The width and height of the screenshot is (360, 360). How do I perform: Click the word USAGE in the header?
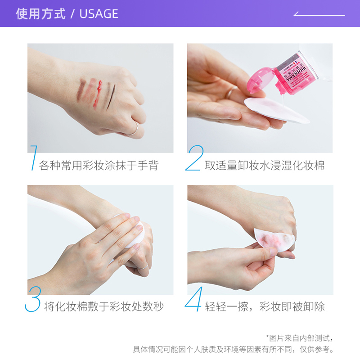point(99,14)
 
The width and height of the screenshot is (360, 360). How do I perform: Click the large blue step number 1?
point(33,158)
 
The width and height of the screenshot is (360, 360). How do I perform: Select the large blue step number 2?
point(194,158)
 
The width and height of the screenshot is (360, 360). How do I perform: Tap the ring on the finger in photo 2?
point(230,94)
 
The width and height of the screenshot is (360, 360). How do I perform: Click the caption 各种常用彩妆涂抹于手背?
point(99,165)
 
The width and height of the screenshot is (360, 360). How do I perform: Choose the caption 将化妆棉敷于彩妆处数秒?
point(104,307)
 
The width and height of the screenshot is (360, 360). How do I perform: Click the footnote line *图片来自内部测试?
point(300,337)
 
